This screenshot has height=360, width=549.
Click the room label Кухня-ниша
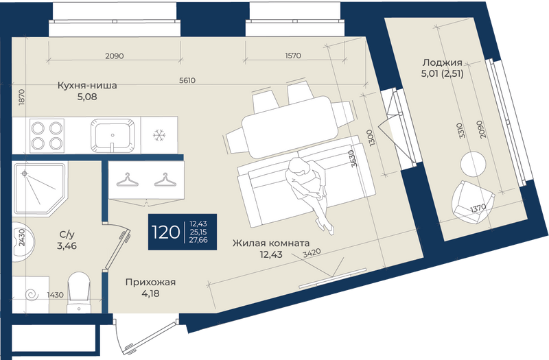tap(87, 85)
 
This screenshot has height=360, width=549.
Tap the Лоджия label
tap(442, 62)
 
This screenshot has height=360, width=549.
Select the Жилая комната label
tap(271, 243)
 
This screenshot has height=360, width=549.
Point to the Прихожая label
tap(150, 282)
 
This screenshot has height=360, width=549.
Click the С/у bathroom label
tap(67, 234)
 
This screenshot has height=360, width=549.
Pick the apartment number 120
tap(165, 232)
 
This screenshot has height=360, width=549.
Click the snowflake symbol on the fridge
tap(159, 135)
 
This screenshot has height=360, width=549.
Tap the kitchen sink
tap(113, 135)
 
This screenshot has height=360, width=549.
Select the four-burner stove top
tap(47, 136)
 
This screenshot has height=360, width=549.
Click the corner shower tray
tap(40, 189)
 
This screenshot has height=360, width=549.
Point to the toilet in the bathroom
tap(79, 292)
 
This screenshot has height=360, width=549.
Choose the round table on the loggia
tap(473, 164)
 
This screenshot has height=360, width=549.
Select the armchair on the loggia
tap(472, 202)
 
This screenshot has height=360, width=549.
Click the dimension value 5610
tap(187, 80)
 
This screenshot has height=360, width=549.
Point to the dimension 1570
tap(293, 56)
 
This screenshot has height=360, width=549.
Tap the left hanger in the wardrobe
tap(127, 180)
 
